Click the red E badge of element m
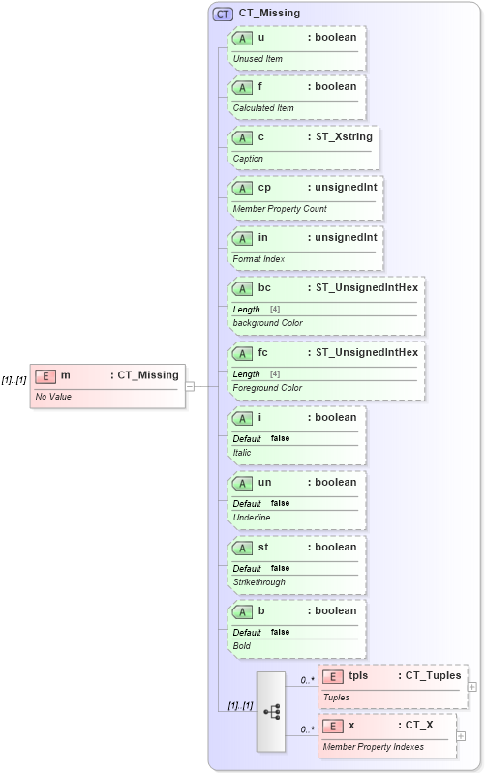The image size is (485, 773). [45, 375]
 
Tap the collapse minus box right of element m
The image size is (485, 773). [190, 385]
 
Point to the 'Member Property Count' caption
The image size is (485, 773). [280, 209]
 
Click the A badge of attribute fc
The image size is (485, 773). [242, 352]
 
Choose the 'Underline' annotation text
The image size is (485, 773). [252, 518]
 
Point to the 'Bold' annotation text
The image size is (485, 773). [242, 645]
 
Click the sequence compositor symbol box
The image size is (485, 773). [270, 711]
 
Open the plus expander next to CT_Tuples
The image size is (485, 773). [472, 687]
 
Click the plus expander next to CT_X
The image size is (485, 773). [461, 736]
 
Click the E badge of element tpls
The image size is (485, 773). [332, 676]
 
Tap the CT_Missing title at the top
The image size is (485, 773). [269, 14]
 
